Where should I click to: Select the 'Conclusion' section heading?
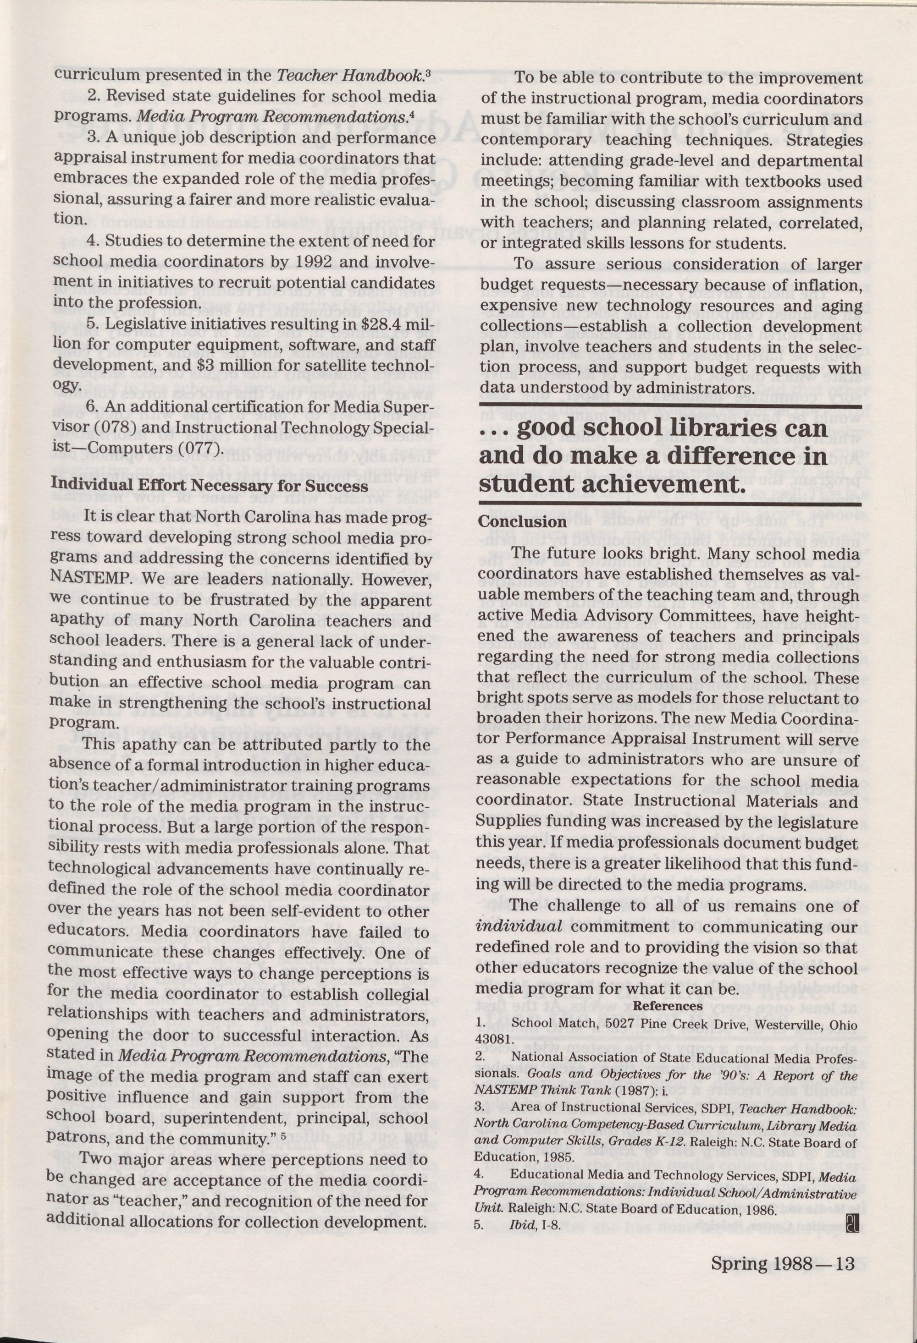pyautogui.click(x=522, y=521)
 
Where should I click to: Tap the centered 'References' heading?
pyautogui.click(x=668, y=1005)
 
